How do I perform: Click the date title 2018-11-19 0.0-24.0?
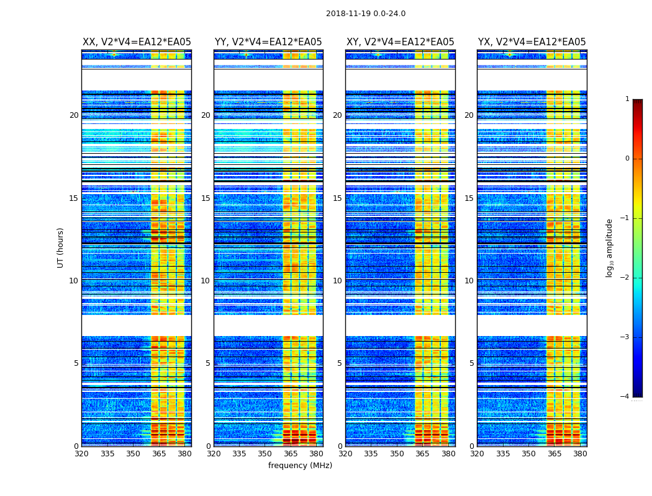pos(365,14)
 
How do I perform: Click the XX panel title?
pos(137,42)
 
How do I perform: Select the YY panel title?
pos(268,42)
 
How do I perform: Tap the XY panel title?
pos(400,42)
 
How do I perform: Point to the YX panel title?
pos(532,42)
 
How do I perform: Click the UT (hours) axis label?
pos(61,247)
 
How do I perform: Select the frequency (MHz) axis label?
pos(300,466)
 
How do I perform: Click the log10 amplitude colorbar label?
pos(610,247)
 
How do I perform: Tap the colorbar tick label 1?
pos(627,99)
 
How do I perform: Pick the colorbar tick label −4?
pos(625,397)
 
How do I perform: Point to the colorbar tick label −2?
pos(625,278)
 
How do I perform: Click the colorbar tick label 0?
pos(627,159)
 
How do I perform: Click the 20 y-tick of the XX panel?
pos(74,115)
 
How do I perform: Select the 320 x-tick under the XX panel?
pos(81,453)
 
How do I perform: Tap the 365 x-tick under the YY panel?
pos(291,453)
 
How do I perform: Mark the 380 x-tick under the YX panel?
pos(580,453)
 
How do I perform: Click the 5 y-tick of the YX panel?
pos(471,363)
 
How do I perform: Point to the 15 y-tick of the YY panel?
pos(206,198)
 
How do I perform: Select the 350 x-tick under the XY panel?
pos(397,453)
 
